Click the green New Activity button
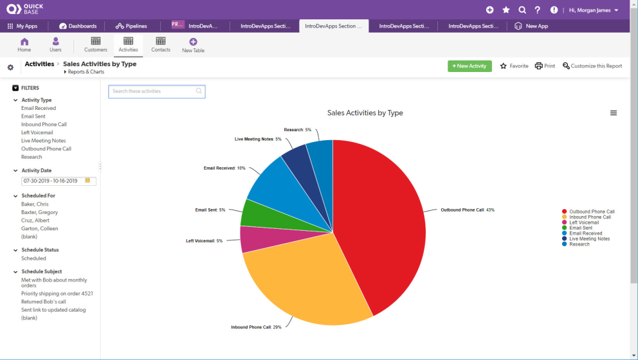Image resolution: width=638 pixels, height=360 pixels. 469,66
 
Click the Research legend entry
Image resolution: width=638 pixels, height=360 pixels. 579,244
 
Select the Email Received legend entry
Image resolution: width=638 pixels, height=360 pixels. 585,233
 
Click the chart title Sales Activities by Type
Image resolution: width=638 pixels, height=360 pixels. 365,113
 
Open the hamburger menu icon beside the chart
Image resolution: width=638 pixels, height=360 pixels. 613,113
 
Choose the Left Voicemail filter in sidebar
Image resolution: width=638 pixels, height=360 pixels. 37,132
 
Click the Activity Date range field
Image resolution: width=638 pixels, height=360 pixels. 54,181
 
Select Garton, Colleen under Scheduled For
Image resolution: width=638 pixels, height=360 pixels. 40,228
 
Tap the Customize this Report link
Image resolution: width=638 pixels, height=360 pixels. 592,66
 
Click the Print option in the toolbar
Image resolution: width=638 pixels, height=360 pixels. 545,66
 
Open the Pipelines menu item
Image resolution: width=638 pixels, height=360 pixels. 131,26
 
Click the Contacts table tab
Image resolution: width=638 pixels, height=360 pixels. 161,44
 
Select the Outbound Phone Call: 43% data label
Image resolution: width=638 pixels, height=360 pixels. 467,210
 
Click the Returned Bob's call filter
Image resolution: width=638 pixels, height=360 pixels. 44,301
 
